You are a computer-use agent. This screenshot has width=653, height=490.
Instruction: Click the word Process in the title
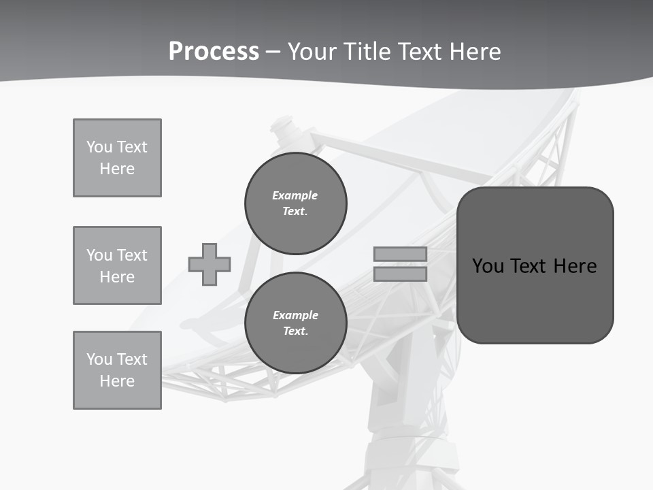(214, 52)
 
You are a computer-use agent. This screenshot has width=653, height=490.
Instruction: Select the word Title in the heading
(368, 52)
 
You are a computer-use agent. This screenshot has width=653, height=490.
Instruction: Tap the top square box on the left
(117, 158)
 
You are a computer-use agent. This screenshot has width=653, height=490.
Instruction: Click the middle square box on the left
(117, 265)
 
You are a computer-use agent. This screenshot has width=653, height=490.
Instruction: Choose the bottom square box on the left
(117, 370)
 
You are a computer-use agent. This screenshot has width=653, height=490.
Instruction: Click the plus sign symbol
(210, 264)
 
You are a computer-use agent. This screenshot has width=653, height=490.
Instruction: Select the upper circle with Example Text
(296, 203)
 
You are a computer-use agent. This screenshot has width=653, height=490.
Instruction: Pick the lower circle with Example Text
(296, 323)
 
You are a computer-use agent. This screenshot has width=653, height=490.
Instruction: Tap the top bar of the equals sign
(400, 254)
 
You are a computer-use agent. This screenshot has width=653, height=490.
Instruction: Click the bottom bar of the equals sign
(400, 274)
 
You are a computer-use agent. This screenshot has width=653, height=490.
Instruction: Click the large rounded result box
(535, 265)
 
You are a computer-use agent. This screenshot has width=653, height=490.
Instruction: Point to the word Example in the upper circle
(295, 195)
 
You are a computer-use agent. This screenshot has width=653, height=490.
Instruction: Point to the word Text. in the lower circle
(295, 331)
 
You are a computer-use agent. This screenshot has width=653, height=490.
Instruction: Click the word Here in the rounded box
(575, 266)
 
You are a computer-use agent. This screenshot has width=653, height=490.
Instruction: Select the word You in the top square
(99, 147)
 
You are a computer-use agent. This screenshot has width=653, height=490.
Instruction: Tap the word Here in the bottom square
(117, 381)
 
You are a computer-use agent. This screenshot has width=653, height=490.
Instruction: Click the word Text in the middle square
(132, 255)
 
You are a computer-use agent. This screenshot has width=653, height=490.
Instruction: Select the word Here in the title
(476, 52)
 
